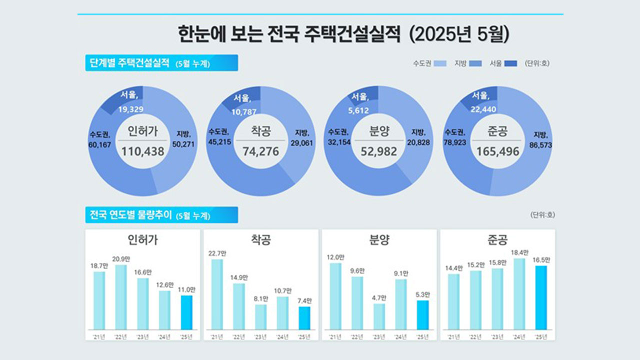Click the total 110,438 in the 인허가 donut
pyautogui.click(x=142, y=150)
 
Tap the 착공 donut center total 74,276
pyautogui.click(x=260, y=150)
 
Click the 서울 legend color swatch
pyautogui.click(x=510, y=63)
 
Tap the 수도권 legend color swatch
pyautogui.click(x=440, y=63)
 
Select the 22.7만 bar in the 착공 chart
pyautogui.click(x=216, y=294)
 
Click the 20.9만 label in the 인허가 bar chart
pyautogui.click(x=121, y=259)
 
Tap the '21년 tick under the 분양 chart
pyautogui.click(x=335, y=336)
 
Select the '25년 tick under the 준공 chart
pyautogui.click(x=541, y=336)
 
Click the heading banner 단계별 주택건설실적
pyautogui.click(x=161, y=63)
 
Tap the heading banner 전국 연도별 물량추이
pyautogui.click(x=161, y=215)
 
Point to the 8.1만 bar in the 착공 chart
pyautogui.click(x=260, y=316)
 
